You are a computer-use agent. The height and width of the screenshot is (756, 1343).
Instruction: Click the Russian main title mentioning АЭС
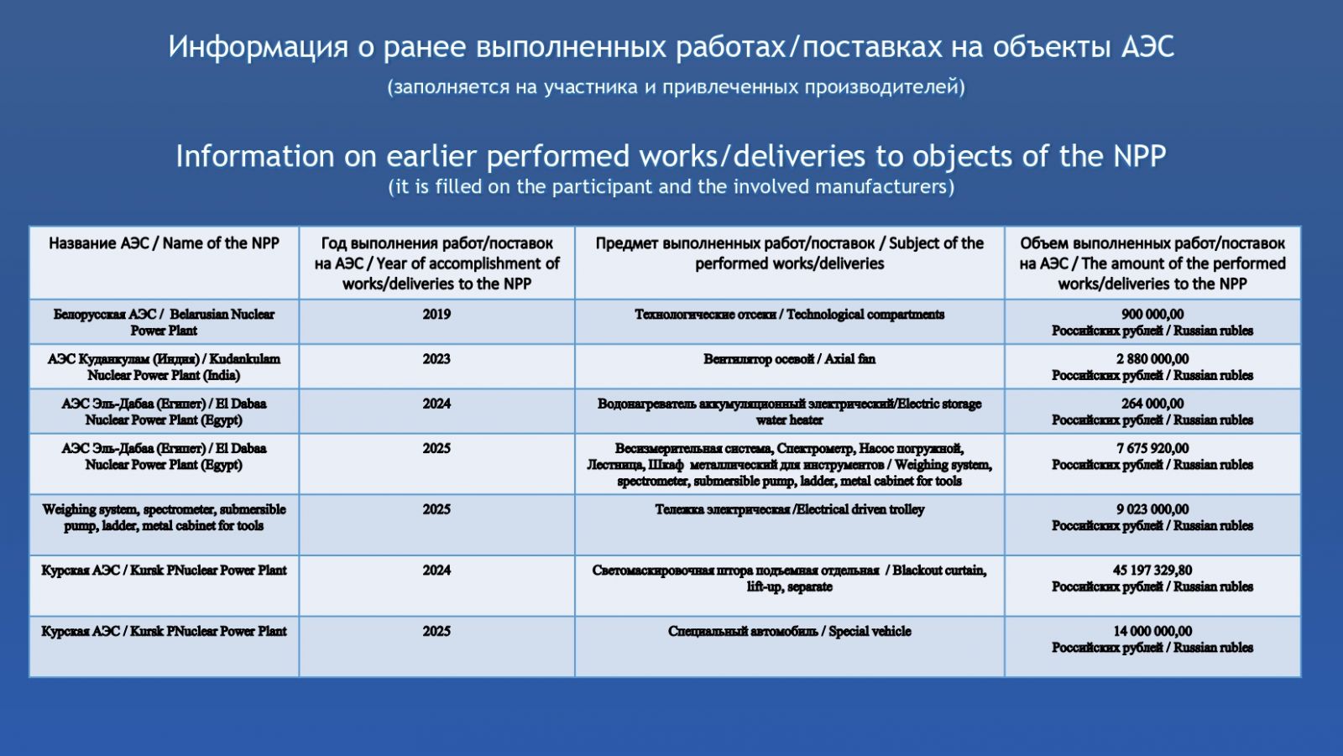point(671,47)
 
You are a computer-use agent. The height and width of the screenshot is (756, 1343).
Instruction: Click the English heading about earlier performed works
point(671,156)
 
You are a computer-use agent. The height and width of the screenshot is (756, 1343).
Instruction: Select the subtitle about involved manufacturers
point(671,186)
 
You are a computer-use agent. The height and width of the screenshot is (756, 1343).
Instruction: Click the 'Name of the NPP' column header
point(164,243)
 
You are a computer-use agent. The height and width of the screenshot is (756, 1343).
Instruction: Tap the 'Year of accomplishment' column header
point(436,263)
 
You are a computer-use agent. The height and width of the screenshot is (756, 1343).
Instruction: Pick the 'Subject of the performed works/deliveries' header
point(789,253)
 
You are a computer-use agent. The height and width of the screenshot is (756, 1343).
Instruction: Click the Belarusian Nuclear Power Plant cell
point(164,322)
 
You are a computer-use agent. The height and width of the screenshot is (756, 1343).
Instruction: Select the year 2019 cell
point(436,315)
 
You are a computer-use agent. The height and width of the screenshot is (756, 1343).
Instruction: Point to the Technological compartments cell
point(789,315)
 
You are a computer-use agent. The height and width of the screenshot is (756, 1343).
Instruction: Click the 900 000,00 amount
point(1152,314)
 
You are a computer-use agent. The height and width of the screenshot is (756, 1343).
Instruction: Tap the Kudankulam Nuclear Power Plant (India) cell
point(164,367)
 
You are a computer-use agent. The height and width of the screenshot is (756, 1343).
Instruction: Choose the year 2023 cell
point(436,359)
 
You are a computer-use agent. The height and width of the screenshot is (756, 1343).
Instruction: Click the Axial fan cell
point(789,359)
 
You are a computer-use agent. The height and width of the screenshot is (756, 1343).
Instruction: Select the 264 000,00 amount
point(1152,404)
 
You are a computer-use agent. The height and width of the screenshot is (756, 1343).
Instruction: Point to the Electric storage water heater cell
point(789,412)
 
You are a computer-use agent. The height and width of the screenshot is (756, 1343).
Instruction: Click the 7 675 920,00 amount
point(1152,448)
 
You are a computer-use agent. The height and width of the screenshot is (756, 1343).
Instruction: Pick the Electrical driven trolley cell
point(789,509)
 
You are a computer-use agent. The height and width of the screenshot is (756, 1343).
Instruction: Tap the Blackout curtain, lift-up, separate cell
point(789,579)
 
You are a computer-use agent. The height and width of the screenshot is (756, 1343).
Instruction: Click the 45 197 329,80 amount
point(1152,571)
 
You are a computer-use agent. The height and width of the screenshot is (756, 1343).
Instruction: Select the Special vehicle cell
point(789,631)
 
